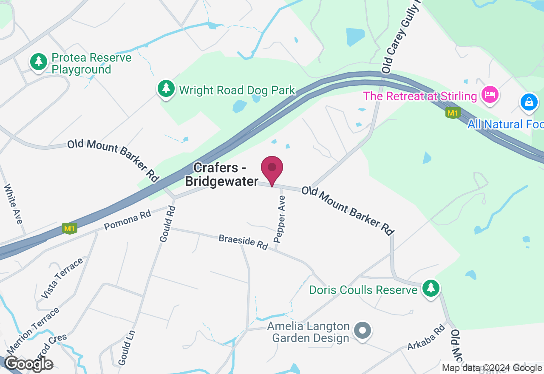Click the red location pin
[x=272, y=169]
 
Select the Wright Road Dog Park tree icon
[x=166, y=89]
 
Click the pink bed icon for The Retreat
[x=490, y=94]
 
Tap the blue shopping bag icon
[x=529, y=102]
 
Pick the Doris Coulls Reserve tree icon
[x=431, y=289]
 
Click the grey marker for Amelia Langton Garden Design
[x=363, y=330]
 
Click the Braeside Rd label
[x=243, y=242]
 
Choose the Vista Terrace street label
[x=62, y=278]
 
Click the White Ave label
[x=13, y=204]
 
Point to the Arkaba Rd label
[x=426, y=337]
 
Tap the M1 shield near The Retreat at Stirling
[x=453, y=113]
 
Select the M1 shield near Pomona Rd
[x=69, y=228]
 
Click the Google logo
[x=29, y=364]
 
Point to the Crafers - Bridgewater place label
[x=222, y=174]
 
